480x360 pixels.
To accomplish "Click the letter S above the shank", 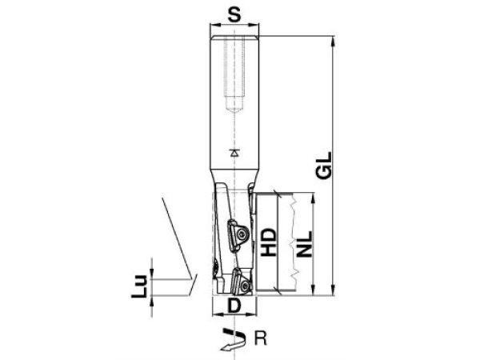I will (x=234, y=14).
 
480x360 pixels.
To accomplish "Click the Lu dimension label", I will (x=139, y=285).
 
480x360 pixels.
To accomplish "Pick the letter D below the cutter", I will (x=234, y=306).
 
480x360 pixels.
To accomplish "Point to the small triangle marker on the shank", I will (x=234, y=151).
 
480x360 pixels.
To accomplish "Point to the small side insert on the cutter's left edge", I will (x=215, y=267).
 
